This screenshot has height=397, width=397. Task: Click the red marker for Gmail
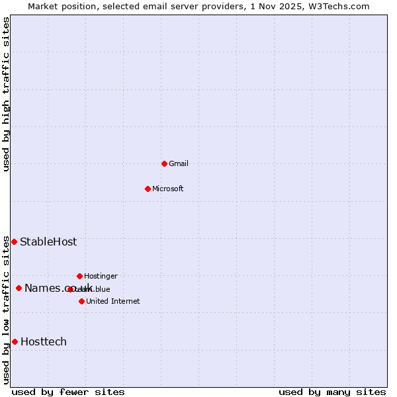pyautogui.click(x=164, y=163)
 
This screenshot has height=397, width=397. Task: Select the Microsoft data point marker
pyautogui.click(x=148, y=189)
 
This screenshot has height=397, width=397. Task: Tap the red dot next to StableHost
pyautogui.click(x=14, y=242)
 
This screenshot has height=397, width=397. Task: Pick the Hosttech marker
pyautogui.click(x=15, y=341)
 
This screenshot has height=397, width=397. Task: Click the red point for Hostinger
pyautogui.click(x=79, y=276)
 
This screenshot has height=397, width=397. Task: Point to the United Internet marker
pyautogui.click(x=81, y=301)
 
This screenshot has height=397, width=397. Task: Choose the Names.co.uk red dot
pyautogui.click(x=19, y=288)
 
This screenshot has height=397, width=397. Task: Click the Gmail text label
pyautogui.click(x=179, y=163)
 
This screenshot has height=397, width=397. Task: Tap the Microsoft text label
pyautogui.click(x=167, y=189)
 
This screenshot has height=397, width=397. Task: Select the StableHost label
pyautogui.click(x=48, y=242)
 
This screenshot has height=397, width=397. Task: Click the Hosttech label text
pyautogui.click(x=44, y=341)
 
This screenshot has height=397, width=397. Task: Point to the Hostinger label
pyautogui.click(x=101, y=276)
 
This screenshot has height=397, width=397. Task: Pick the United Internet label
pyautogui.click(x=112, y=301)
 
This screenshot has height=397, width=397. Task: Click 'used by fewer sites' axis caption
pyautogui.click(x=68, y=392)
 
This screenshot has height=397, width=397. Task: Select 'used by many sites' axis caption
pyautogui.click(x=332, y=392)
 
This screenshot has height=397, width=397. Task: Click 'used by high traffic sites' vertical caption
pyautogui.click(x=6, y=94)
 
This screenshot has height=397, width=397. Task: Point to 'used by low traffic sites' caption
pyautogui.click(x=6, y=309)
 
